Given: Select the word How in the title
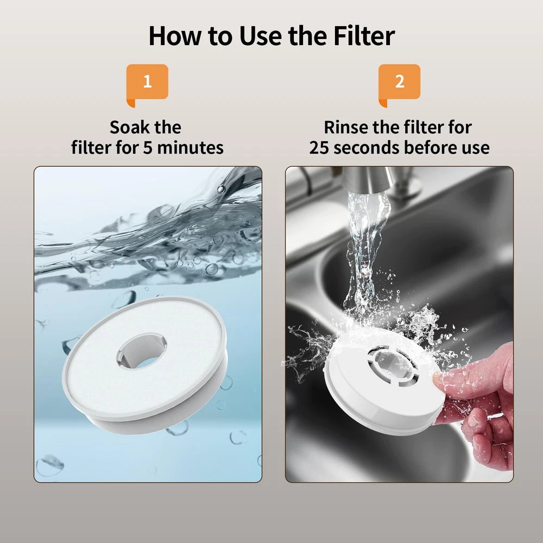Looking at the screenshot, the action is [x=175, y=36].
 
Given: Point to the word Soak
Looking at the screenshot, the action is [x=130, y=127].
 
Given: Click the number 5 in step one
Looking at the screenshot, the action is [x=148, y=148].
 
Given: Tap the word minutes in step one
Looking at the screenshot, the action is [x=190, y=148].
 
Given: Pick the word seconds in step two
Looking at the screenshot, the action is [x=367, y=148].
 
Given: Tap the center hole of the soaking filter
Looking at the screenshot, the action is [x=142, y=351].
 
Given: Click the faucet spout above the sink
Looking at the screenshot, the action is [x=368, y=180].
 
